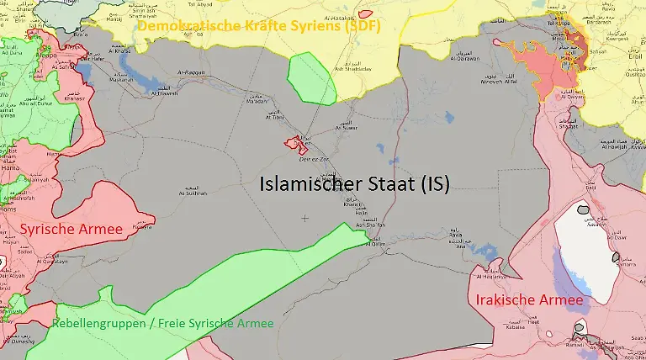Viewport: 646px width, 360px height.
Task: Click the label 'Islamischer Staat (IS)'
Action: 354,184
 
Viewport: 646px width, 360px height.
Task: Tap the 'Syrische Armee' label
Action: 71,229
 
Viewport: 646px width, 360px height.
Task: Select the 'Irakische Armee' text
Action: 529,299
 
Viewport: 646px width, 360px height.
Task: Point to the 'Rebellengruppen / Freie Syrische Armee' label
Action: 162,323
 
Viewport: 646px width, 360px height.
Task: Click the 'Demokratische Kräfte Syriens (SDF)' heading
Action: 259,25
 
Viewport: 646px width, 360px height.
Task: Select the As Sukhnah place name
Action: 193,193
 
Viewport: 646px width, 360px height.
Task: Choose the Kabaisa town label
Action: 515,328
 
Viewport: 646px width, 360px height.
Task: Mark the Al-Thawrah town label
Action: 163,93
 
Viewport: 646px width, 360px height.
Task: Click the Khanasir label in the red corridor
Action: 75,98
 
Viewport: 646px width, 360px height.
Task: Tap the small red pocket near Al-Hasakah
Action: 365,14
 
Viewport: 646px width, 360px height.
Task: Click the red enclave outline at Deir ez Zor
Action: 296,144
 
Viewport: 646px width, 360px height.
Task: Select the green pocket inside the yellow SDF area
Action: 311,79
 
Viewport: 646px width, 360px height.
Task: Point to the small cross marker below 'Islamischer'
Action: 304,218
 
